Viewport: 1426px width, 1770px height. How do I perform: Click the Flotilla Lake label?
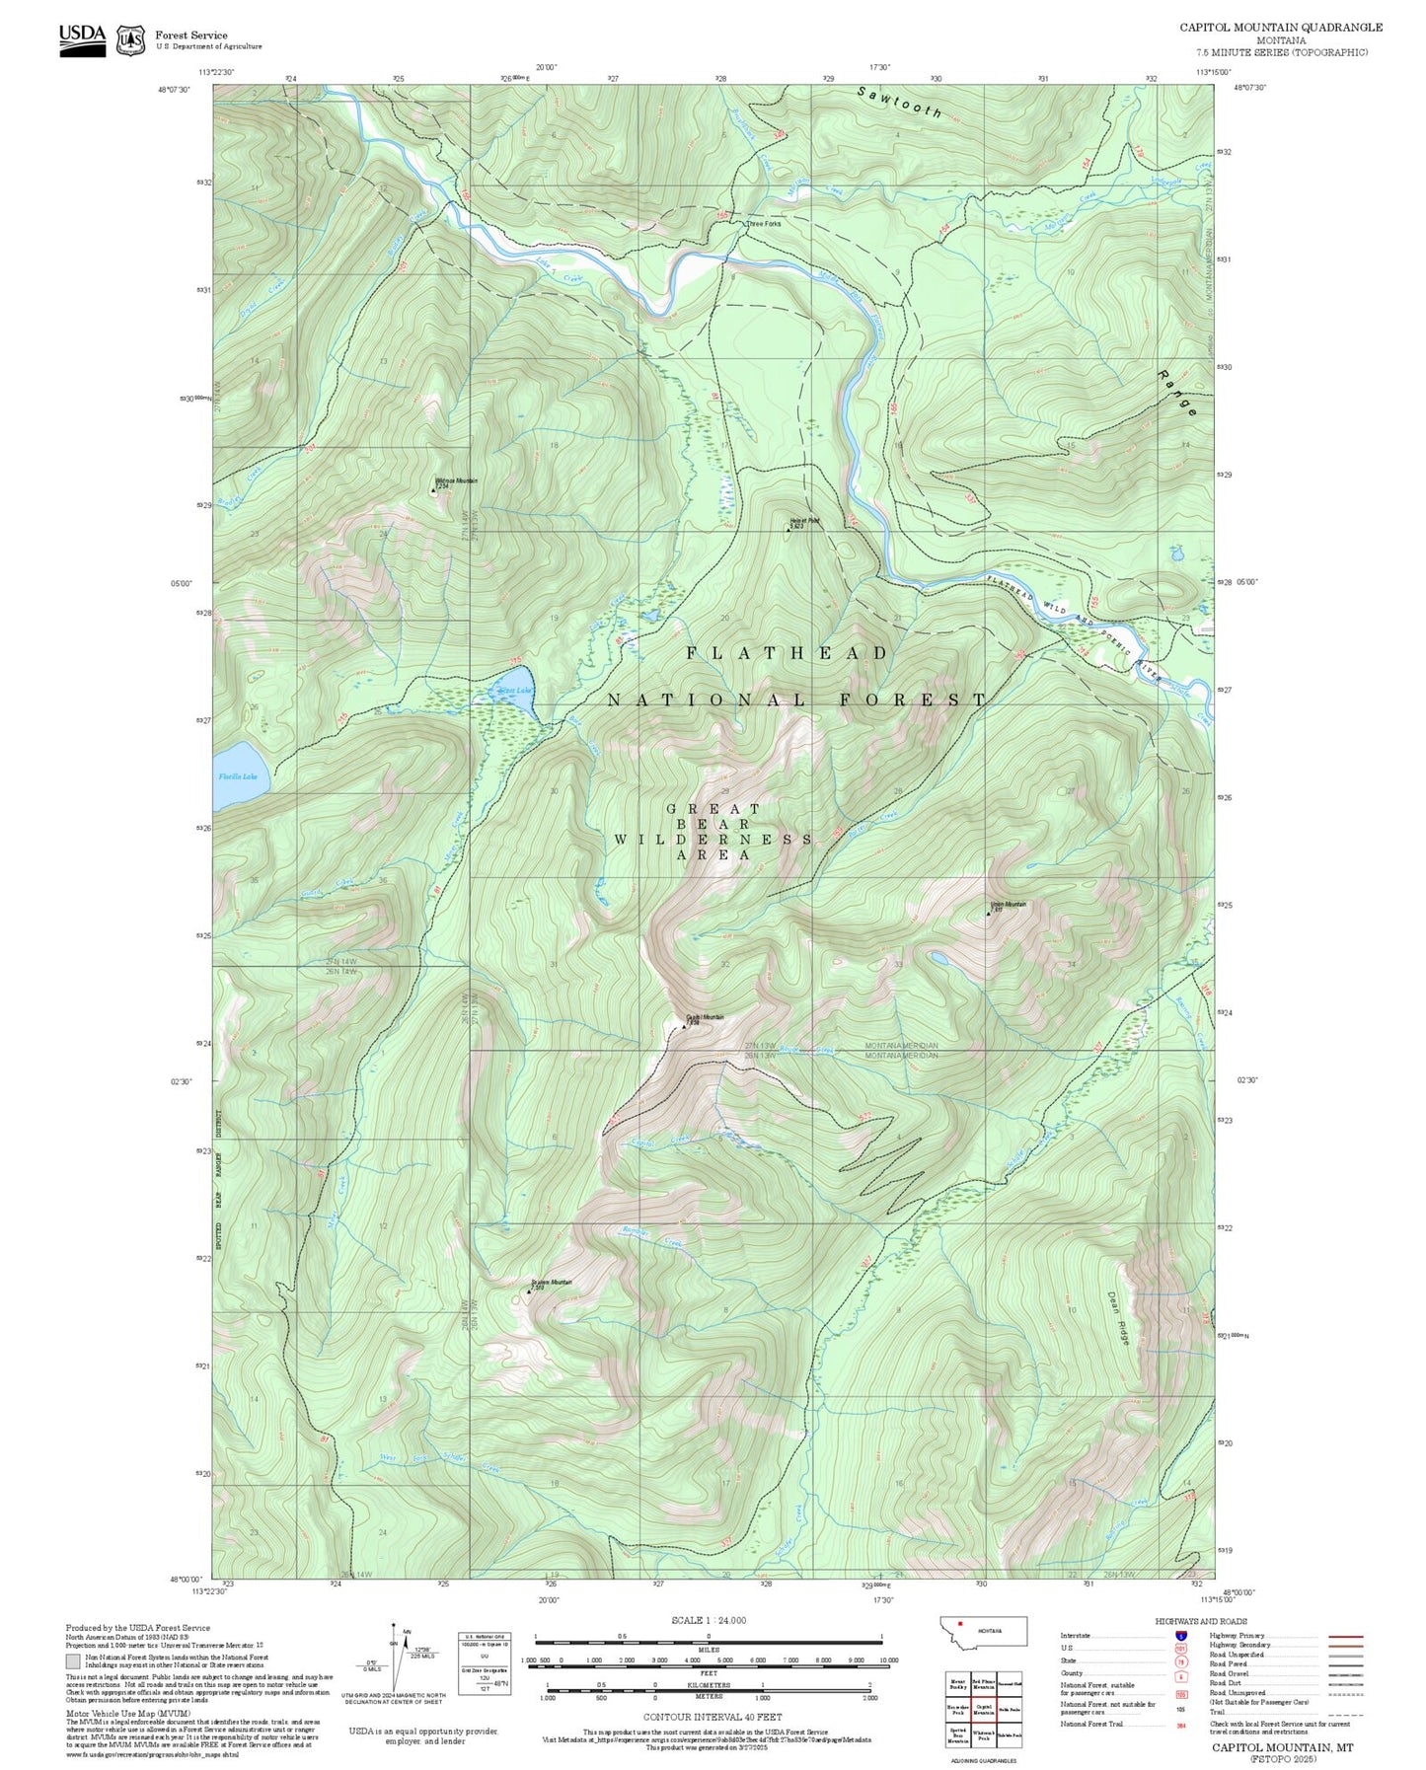[x=237, y=776]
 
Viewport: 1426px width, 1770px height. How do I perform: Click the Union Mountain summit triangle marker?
[x=989, y=914]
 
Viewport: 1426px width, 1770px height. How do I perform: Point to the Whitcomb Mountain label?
[x=456, y=481]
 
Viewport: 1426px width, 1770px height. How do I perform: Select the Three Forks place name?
[x=764, y=224]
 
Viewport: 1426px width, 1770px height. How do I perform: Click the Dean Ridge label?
[x=1118, y=1318]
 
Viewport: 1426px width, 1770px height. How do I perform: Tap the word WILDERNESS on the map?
[x=713, y=839]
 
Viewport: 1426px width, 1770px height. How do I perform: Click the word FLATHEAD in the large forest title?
[x=788, y=653]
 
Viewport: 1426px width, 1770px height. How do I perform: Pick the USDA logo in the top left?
[x=82, y=39]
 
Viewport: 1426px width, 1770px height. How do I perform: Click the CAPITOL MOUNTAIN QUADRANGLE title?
[x=1280, y=28]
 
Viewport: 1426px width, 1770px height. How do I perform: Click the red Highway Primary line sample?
[x=1345, y=1636]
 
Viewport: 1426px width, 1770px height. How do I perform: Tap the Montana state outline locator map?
[x=982, y=1630]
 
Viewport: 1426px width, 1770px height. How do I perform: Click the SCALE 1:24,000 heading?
[x=708, y=1620]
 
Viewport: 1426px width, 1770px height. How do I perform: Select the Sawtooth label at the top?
[x=899, y=102]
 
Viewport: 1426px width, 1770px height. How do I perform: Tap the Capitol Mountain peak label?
[x=706, y=1017]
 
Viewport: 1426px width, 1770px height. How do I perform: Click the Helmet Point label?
[x=804, y=521]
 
